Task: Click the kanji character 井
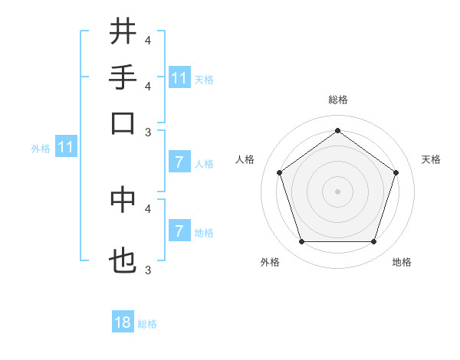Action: point(123,32)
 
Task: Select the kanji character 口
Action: point(123,123)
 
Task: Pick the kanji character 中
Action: point(123,199)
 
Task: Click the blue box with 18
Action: point(123,322)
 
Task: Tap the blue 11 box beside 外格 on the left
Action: point(65,147)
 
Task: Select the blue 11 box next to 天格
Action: point(179,78)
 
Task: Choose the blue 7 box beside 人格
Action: point(179,162)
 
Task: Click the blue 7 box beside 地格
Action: point(179,231)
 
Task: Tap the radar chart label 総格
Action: point(337,100)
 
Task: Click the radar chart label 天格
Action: point(431,159)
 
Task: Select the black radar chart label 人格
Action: point(245,159)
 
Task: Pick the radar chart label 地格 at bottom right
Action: point(402,263)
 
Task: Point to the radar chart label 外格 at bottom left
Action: point(270,263)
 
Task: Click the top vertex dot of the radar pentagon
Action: point(337,130)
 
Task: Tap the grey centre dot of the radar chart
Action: point(337,191)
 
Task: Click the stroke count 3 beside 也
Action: point(148,269)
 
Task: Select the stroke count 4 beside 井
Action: point(148,39)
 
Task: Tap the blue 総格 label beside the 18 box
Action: point(147,324)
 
